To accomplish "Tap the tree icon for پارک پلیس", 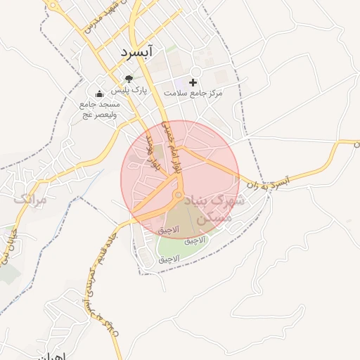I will click(x=128, y=79).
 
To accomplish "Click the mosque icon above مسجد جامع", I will click(x=99, y=93).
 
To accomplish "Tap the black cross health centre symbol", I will click(x=193, y=82).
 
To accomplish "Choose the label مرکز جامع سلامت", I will click(x=193, y=93).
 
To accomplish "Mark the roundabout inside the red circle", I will click(x=178, y=195).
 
